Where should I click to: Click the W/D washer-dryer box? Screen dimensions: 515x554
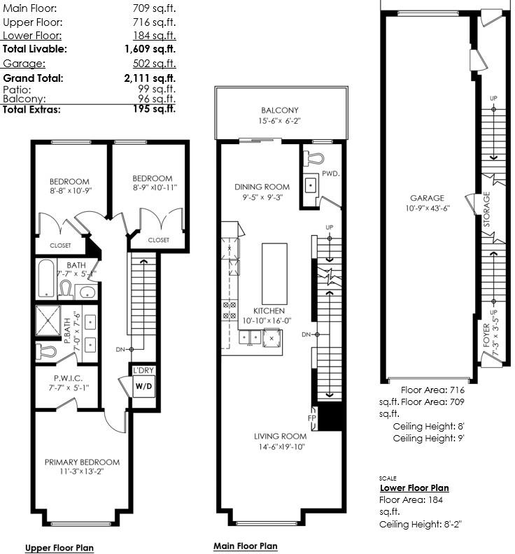[x=144, y=386]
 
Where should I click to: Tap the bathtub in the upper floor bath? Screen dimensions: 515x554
[x=46, y=278]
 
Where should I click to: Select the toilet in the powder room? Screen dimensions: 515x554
[x=313, y=159]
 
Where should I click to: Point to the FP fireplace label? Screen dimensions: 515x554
[x=312, y=418]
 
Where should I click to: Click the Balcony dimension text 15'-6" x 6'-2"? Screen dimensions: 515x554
[x=279, y=121]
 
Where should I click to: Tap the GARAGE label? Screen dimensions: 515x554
[x=427, y=198]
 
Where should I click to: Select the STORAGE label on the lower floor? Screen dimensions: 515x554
[x=487, y=209]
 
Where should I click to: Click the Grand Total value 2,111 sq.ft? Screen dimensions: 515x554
[x=150, y=78]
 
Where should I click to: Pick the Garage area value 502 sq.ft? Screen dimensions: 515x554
[x=155, y=64]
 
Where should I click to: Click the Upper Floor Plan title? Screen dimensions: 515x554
[x=59, y=548]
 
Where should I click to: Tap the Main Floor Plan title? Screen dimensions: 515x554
[x=246, y=546]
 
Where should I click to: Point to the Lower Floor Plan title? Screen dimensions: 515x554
[x=414, y=488]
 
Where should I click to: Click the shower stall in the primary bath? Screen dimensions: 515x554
[x=48, y=320]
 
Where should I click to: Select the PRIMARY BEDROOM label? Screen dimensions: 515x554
[x=82, y=462]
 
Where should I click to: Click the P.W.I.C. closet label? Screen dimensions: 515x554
[x=68, y=378]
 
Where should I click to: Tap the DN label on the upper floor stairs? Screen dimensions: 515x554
[x=120, y=350]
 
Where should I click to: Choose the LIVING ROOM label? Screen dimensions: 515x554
[x=281, y=436]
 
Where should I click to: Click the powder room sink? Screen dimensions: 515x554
[x=311, y=185]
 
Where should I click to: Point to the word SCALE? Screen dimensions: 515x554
[x=388, y=478]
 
